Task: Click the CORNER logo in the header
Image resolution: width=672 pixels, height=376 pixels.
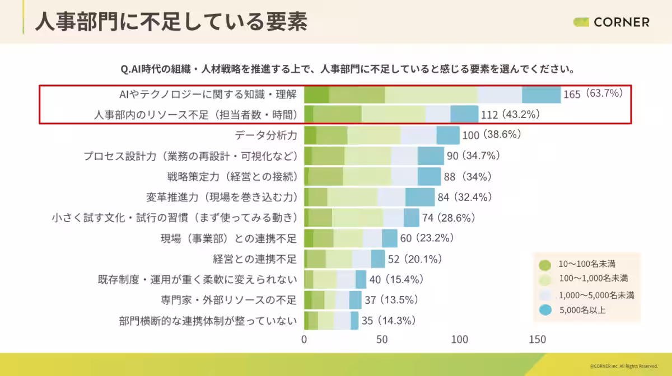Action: [612, 22]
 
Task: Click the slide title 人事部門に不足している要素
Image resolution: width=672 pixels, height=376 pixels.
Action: [171, 22]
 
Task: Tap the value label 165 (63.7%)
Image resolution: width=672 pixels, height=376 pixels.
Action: [593, 93]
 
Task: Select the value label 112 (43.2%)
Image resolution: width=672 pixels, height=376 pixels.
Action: [510, 115]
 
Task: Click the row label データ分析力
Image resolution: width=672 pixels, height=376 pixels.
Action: [265, 135]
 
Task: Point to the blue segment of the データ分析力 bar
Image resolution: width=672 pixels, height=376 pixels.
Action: [448, 135]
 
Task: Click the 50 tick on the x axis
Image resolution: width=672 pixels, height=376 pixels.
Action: [382, 340]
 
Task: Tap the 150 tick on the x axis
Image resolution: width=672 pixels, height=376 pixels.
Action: [537, 340]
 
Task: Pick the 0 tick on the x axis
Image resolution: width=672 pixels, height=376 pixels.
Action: [304, 340]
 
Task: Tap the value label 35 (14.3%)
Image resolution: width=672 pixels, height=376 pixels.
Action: [388, 321]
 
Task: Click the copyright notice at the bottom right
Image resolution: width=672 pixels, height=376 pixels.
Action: [623, 366]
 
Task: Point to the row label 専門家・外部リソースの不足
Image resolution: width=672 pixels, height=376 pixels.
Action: [228, 300]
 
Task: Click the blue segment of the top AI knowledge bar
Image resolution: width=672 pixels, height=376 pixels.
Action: [541, 95]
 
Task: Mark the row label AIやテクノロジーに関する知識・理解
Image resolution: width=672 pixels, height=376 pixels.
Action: [204, 93]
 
